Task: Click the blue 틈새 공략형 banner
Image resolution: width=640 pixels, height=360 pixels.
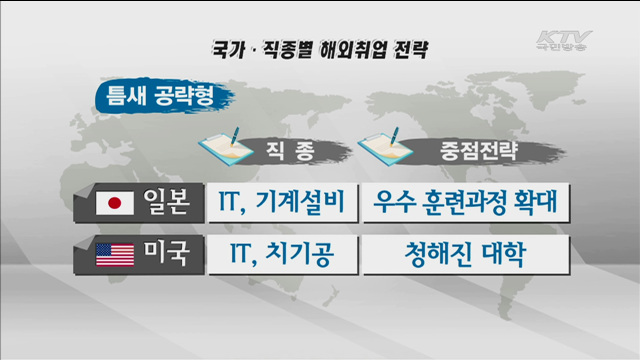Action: pyautogui.click(x=160, y=97)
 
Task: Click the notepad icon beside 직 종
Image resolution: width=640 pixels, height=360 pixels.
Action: pyautogui.click(x=226, y=147)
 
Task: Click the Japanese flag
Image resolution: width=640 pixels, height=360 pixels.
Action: pyautogui.click(x=114, y=203)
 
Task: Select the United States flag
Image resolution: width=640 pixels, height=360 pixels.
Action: pyautogui.click(x=114, y=255)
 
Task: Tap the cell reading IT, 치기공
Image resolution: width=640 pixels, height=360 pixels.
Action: pyautogui.click(x=275, y=255)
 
